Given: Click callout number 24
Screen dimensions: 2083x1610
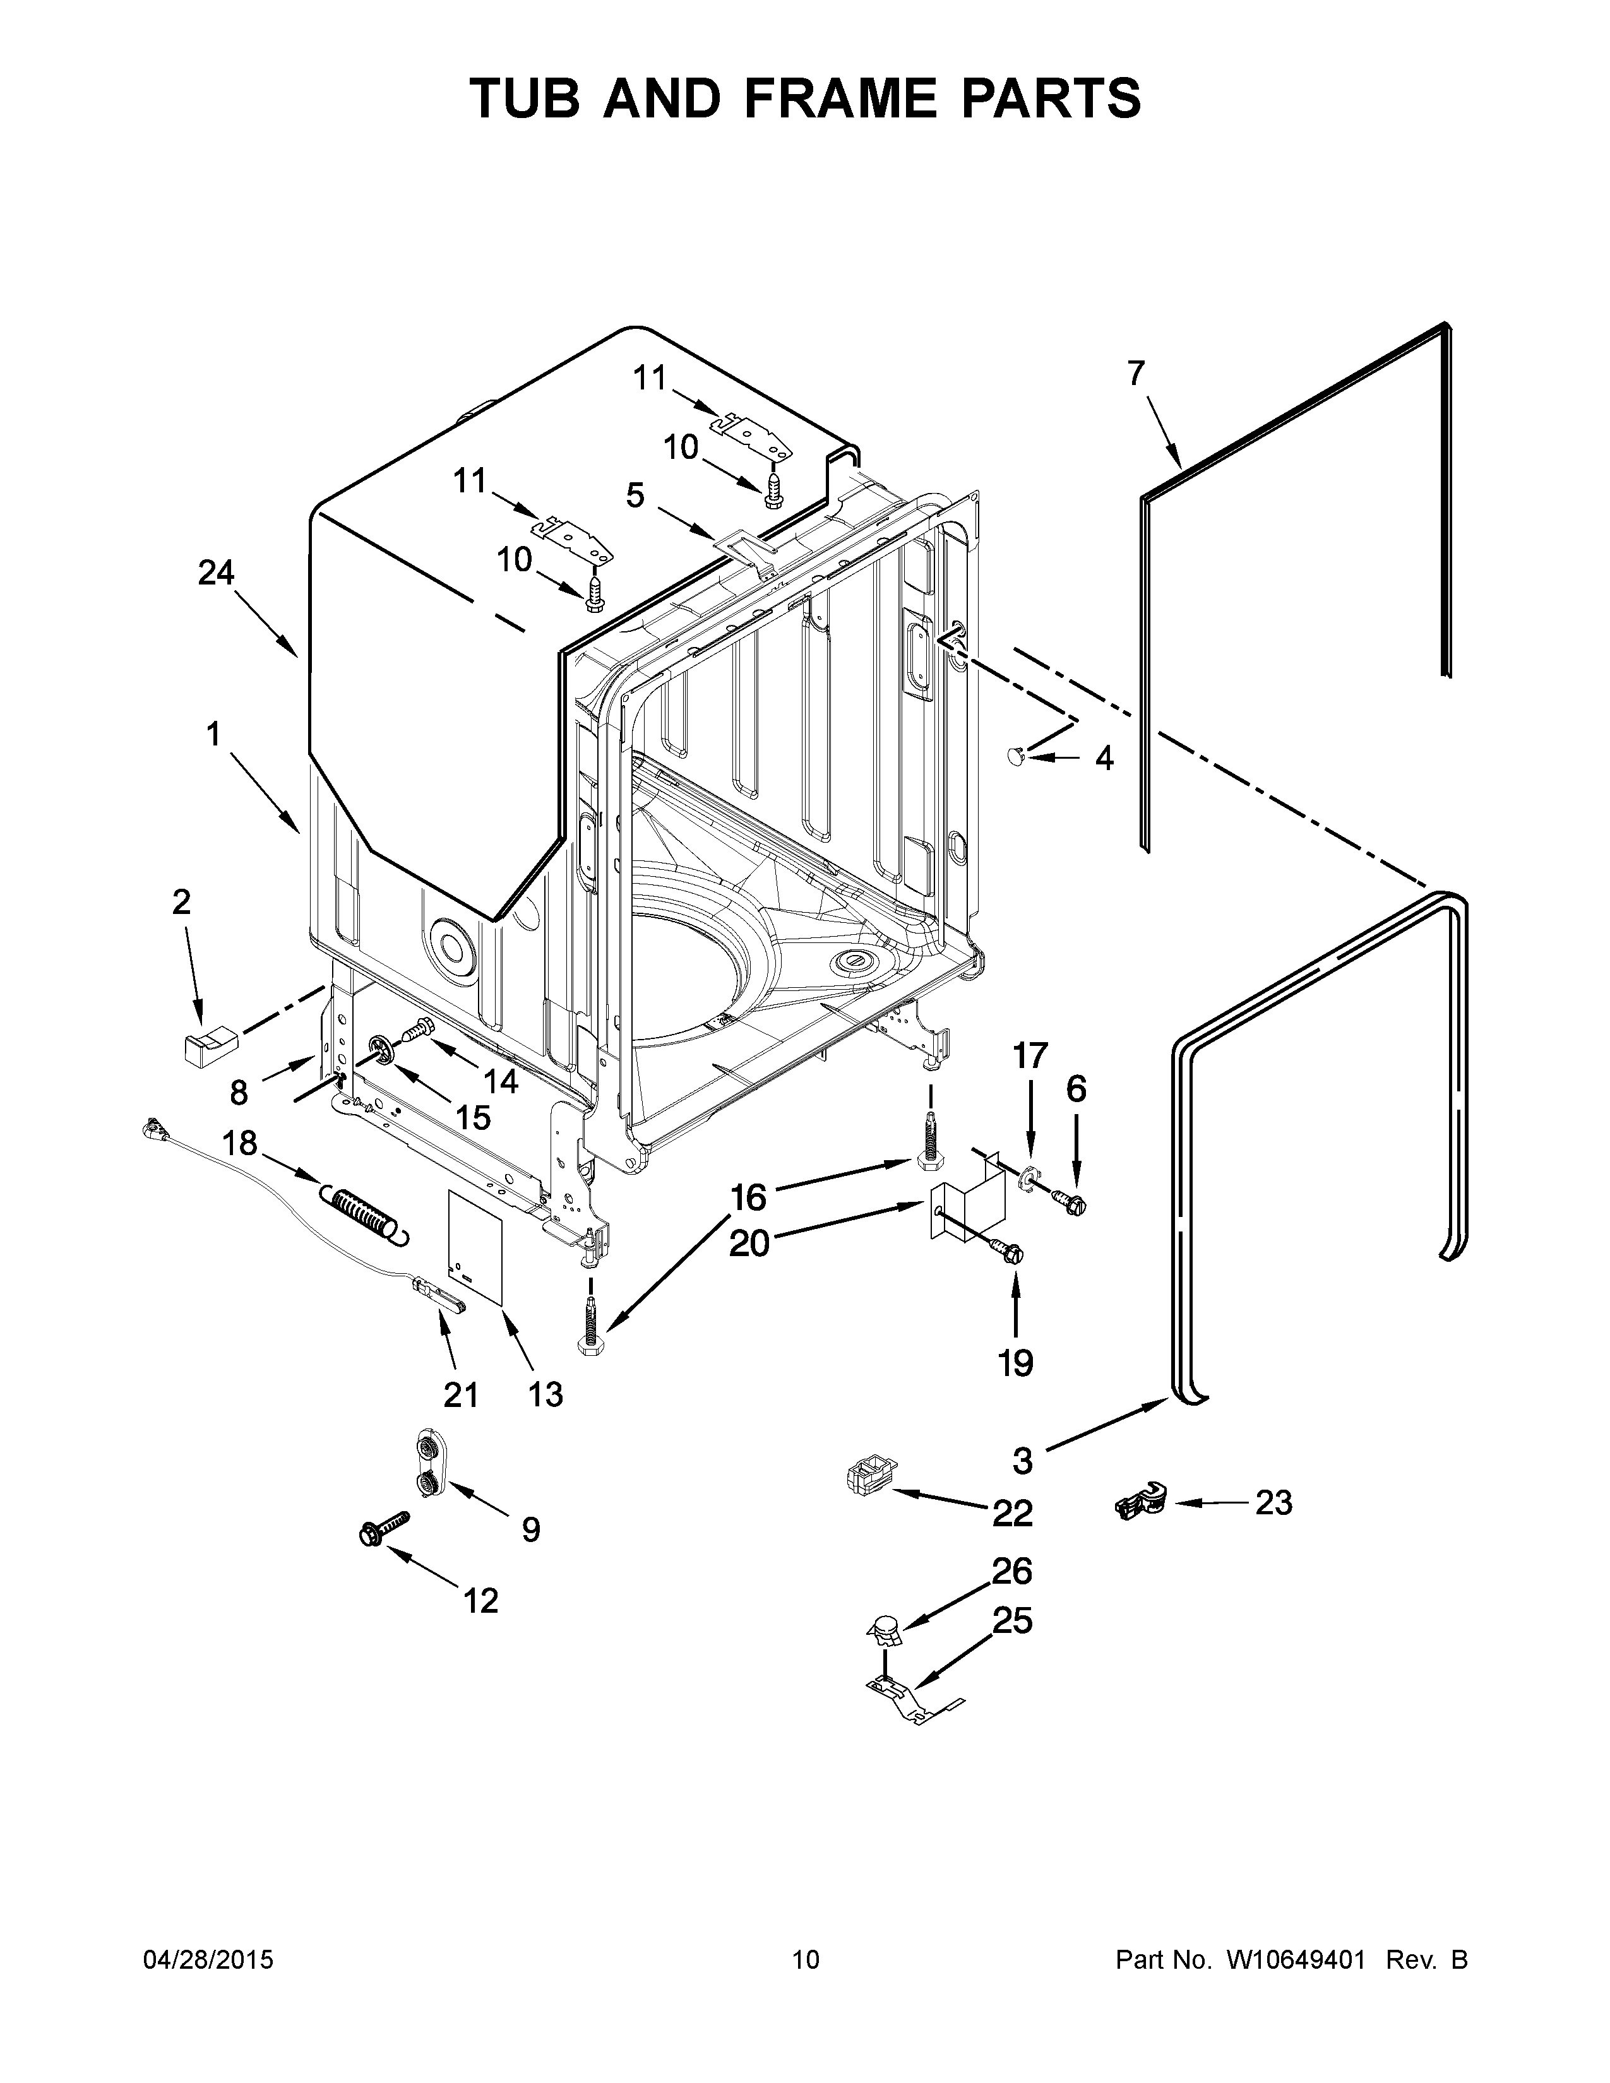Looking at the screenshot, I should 215,573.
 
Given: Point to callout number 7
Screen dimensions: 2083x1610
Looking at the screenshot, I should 1135,373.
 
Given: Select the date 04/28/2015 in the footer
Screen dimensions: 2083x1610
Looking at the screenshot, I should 208,1960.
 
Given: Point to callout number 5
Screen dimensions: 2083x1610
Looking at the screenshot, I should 635,494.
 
